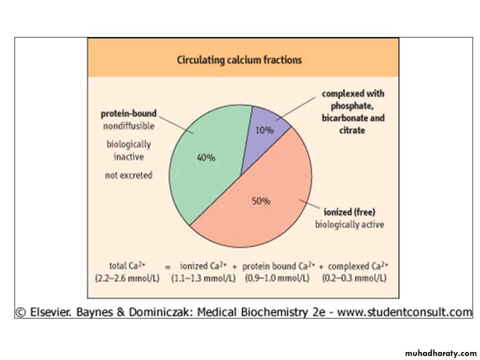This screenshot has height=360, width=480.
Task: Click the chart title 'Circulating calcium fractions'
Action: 239,60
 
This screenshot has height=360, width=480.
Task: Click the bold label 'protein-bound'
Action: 129,113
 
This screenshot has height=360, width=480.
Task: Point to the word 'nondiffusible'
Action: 129,126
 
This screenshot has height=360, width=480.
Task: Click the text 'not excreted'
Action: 128,175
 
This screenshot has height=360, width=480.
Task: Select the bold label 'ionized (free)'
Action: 345,211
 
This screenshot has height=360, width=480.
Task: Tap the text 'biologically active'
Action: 349,224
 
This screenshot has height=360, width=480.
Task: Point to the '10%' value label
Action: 264,130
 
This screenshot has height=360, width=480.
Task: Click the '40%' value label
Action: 205,157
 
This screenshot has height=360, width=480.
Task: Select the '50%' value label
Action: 260,201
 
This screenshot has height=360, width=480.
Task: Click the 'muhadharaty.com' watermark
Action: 441,353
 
